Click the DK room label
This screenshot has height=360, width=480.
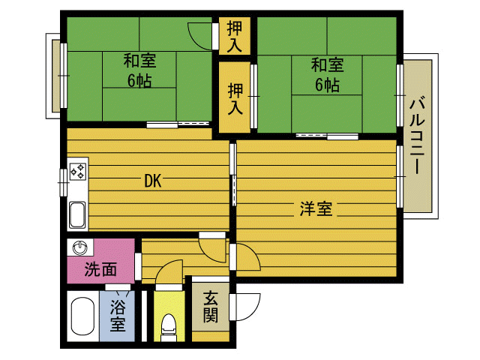pos(152,181)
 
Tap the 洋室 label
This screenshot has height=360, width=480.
pos(316,208)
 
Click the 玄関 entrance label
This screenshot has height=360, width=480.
pos(211,307)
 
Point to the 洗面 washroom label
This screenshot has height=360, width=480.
pos(100,269)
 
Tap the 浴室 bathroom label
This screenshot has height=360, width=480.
pos(118,316)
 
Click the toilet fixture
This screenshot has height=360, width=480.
pos(169,328)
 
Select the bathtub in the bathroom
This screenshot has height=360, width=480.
pos(82,316)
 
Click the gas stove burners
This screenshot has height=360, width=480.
pos(78,171)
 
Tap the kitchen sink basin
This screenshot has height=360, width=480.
pos(77,215)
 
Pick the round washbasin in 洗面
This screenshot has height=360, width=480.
pos(80,247)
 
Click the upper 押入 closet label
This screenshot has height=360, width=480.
pos(235,37)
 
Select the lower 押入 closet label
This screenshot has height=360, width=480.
pos(235,99)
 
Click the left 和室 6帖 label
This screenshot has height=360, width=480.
pos(139,70)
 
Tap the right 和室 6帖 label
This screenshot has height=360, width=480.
pos(327,75)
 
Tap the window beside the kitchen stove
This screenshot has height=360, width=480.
pos(63,182)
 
